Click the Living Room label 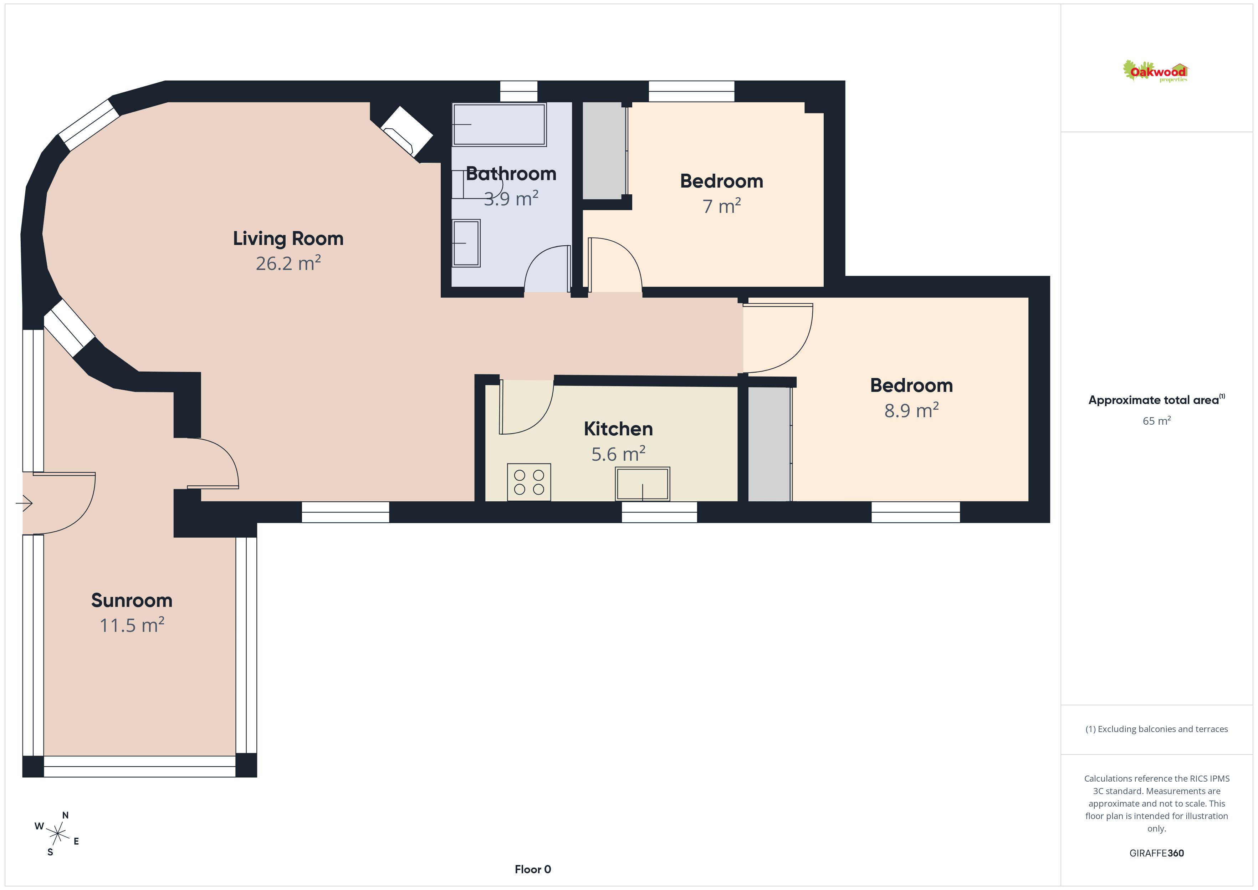pos(288,239)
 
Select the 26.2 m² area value pos(288,263)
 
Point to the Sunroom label pos(132,600)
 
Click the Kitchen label pos(618,429)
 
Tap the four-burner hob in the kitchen pos(529,482)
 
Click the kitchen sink pos(642,484)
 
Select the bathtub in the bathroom pos(499,124)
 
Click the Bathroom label pos(511,174)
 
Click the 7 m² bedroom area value pos(722,206)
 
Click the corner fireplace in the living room pos(406,132)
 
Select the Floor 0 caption pos(533,869)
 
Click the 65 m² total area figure pos(1156,420)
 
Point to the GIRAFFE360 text pos(1156,853)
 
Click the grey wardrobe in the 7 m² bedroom pos(604,151)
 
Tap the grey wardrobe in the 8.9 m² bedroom pos(769,444)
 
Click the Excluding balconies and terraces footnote pos(1156,729)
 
